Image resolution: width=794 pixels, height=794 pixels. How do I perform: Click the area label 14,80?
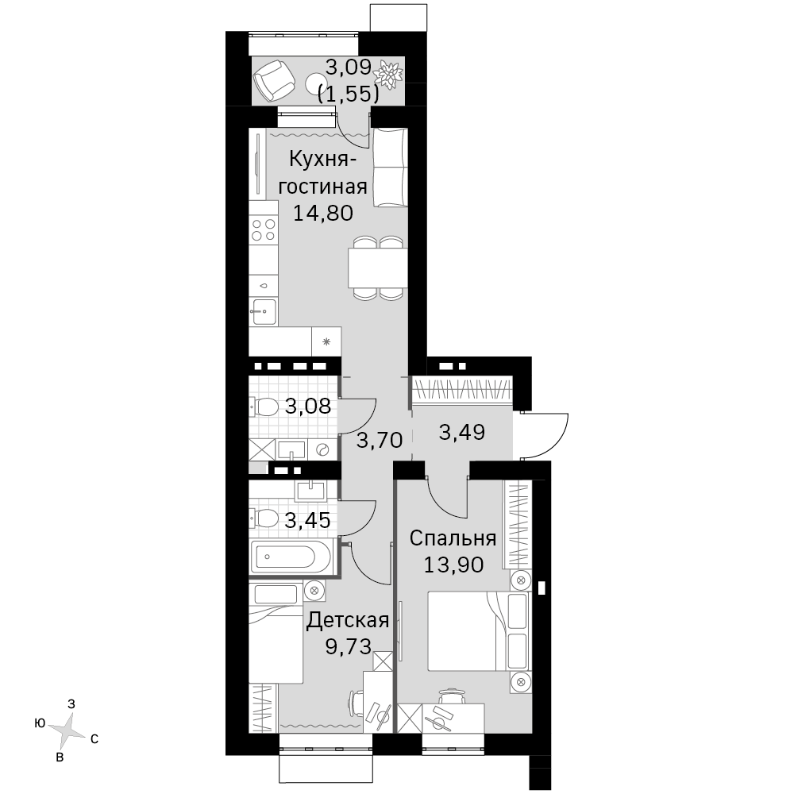[x=323, y=213]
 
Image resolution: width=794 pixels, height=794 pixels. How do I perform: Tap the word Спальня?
[x=453, y=539]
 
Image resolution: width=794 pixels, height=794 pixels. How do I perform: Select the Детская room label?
[x=348, y=620]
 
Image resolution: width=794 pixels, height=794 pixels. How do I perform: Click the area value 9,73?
[x=349, y=646]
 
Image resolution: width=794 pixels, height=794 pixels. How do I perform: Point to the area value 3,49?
[x=462, y=433]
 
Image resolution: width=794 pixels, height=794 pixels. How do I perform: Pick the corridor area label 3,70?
[x=380, y=440]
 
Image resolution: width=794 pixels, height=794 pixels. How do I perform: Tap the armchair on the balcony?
[x=274, y=80]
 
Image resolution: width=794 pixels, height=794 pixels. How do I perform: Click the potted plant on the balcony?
[x=388, y=75]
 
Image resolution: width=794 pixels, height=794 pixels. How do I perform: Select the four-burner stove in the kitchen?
[x=264, y=230]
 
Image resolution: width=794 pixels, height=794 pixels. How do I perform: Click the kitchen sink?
[x=263, y=311]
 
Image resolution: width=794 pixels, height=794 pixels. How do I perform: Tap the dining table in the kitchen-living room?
[x=377, y=268]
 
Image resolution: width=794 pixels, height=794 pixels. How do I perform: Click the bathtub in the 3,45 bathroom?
[x=291, y=557]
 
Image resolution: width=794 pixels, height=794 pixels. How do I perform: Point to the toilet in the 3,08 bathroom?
[x=264, y=406]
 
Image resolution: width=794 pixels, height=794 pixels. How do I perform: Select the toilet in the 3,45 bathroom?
[x=264, y=518]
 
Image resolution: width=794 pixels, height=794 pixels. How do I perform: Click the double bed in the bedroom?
[x=479, y=631]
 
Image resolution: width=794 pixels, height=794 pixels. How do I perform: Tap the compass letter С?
[x=94, y=739]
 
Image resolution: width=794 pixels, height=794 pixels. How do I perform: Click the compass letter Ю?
[x=40, y=723]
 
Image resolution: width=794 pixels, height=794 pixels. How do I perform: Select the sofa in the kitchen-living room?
[x=390, y=168]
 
